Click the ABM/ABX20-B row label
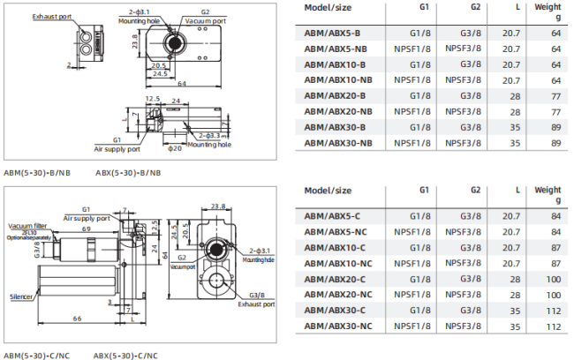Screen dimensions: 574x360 (335, 96)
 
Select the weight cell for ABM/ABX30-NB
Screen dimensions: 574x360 (555, 143)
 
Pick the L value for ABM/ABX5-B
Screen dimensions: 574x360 (511, 34)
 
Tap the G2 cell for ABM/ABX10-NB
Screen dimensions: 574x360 (463, 80)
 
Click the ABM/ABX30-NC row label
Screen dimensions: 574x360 (338, 326)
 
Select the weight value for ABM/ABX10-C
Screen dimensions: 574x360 (555, 248)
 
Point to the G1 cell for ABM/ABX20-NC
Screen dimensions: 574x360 (412, 295)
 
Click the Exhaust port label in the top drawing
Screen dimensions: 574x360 (51, 17)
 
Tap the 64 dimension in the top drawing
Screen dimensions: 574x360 (182, 84)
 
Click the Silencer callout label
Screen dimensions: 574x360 (21, 296)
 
